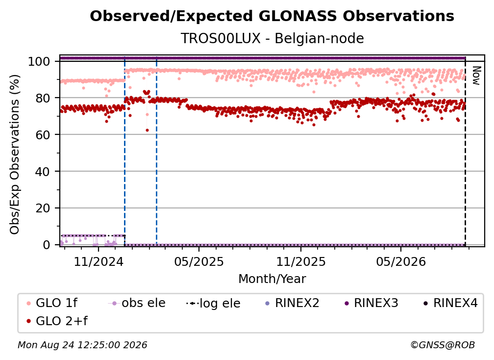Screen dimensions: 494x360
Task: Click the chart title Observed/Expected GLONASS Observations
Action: (x=272, y=16)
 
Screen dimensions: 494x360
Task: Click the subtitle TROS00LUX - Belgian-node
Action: (x=272, y=38)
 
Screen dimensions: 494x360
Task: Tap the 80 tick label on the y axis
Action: (x=43, y=98)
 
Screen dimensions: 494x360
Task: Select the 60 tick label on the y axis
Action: (x=43, y=134)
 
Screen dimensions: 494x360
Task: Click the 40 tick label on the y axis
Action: (x=43, y=172)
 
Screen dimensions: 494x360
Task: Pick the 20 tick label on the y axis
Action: (x=43, y=208)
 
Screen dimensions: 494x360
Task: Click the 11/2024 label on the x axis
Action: (x=99, y=261)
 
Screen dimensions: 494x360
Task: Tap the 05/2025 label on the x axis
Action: (x=199, y=261)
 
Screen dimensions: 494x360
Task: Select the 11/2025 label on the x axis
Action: (x=301, y=261)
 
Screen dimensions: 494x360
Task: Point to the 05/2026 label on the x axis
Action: (x=401, y=261)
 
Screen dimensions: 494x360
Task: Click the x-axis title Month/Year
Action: (x=272, y=279)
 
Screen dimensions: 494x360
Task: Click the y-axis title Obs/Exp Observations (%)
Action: (x=15, y=154)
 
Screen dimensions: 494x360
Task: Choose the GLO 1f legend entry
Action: (x=52, y=303)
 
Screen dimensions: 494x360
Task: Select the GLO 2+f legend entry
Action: (x=57, y=321)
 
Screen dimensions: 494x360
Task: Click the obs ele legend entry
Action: (x=137, y=303)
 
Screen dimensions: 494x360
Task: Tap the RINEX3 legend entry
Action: (x=371, y=303)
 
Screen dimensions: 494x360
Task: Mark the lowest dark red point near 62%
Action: (x=147, y=130)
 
